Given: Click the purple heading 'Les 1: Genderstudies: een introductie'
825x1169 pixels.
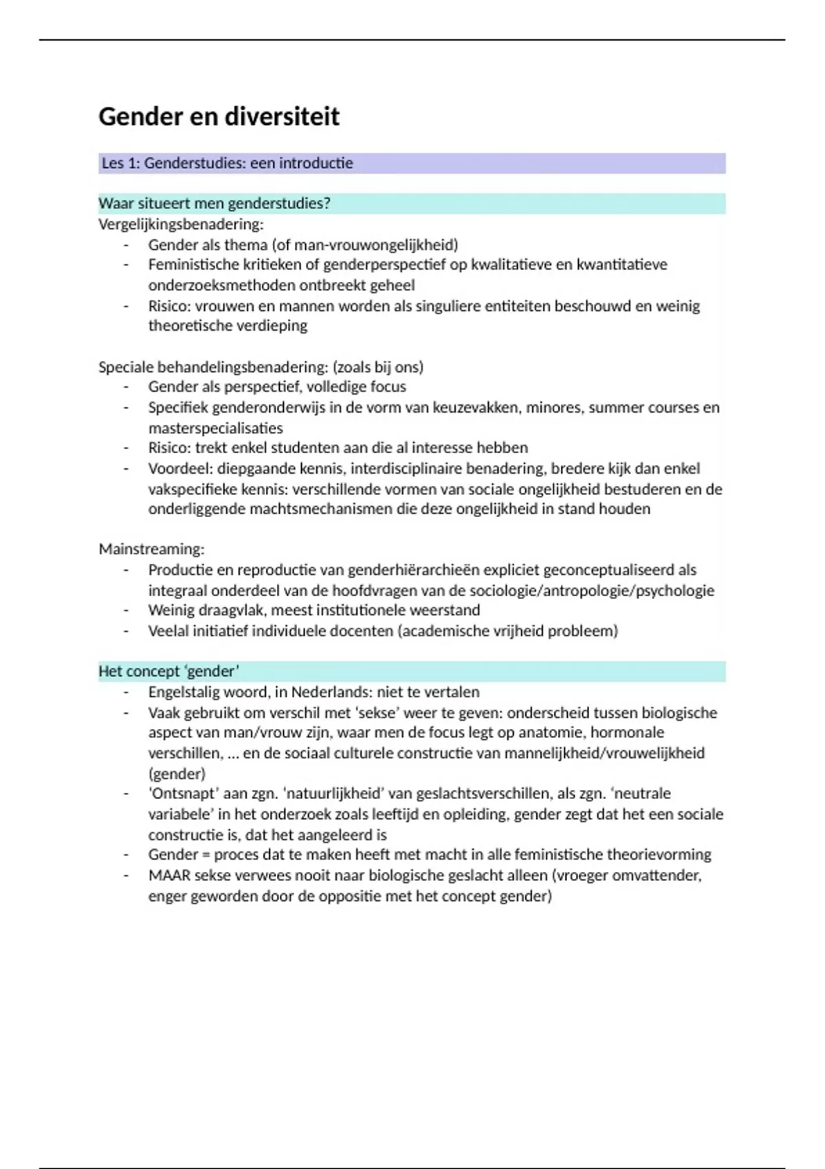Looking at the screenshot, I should point(228,164).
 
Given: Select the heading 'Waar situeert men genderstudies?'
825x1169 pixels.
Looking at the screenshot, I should point(214,204).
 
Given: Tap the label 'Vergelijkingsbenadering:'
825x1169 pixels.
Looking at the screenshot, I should point(181,224).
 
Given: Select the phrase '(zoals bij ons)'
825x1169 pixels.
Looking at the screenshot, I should point(377,367).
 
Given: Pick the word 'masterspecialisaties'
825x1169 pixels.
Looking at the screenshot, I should point(215,428).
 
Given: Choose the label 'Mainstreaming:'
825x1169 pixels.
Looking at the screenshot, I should point(151,549).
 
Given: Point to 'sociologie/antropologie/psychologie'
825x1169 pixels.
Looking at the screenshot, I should point(593,591).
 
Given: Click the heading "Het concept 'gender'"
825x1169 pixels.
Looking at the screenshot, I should point(169,671).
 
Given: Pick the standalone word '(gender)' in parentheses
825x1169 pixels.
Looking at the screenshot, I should point(177,774).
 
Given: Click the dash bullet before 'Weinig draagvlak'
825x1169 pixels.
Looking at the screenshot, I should point(126,611).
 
